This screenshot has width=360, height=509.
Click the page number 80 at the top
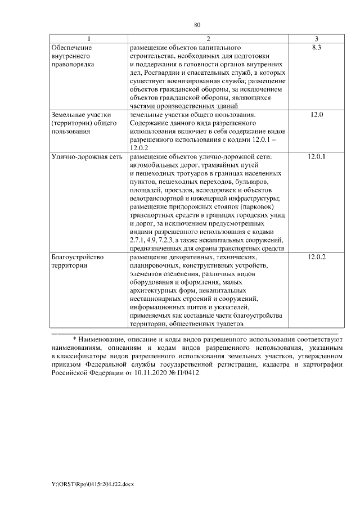197,25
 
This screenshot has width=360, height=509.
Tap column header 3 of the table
317,39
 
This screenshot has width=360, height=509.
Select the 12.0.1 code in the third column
317,156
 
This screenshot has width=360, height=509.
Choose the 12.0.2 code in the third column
317,257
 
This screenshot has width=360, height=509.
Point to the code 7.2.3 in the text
165,240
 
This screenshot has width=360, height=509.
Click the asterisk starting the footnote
74,340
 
